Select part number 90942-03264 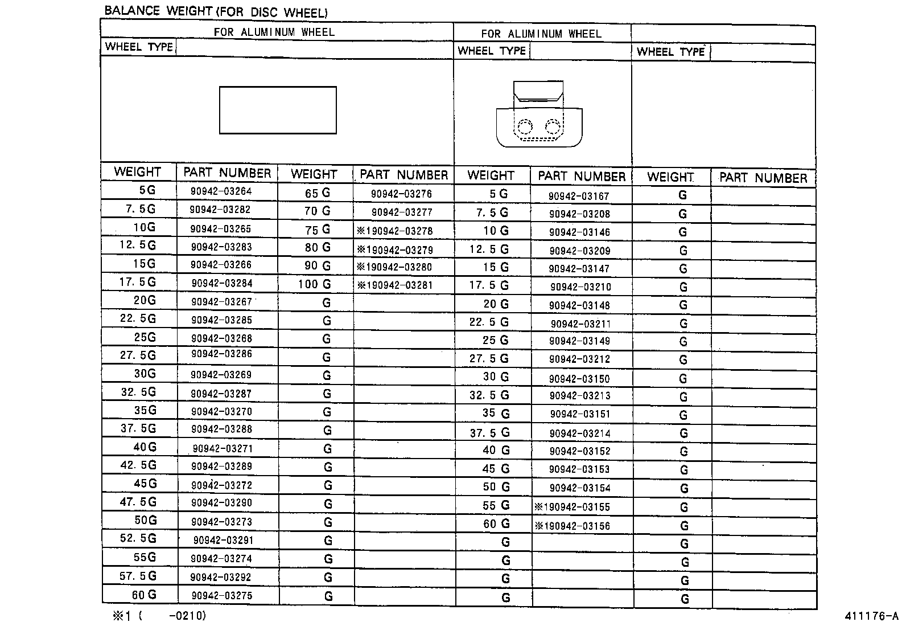coord(221,191)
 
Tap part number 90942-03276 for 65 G coord(401,194)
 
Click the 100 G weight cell coord(314,284)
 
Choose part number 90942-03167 coord(579,197)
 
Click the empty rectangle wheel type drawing coord(278,110)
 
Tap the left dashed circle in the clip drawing coord(525,126)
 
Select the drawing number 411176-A coord(871,616)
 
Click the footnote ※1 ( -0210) coord(159,616)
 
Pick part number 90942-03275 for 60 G coord(221,596)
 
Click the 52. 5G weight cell coord(138,539)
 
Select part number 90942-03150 coord(579,379)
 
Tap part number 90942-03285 coord(221,320)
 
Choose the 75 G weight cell coord(318,230)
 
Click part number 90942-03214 coord(580,433)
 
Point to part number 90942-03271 coord(223,448)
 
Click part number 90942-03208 coord(579,214)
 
